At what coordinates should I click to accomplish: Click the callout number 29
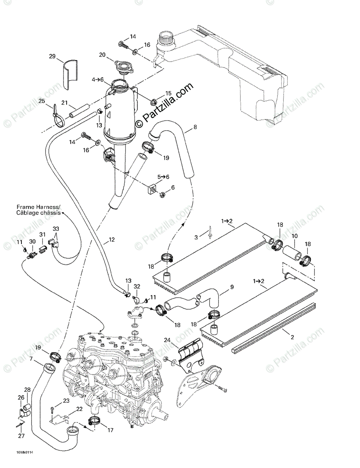pos(52,57)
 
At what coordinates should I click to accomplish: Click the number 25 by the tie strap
pos(41,101)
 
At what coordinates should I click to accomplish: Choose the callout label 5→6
pos(163,177)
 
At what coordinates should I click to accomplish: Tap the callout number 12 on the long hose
pos(112,239)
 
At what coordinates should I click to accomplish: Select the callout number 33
pos(56,229)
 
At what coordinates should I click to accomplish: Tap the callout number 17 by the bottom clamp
pos(110,430)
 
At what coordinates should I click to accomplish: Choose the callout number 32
pos(137,287)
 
